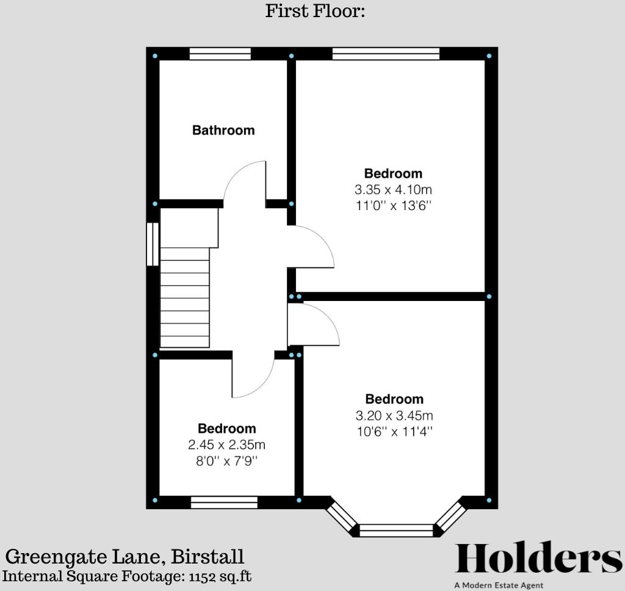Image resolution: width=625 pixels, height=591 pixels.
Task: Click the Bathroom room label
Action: (223, 130)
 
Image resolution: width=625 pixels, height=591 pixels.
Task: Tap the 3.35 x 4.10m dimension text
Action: (393, 189)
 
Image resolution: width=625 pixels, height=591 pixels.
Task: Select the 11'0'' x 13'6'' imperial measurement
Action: (393, 206)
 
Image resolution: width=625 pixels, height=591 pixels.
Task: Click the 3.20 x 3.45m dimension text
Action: (394, 416)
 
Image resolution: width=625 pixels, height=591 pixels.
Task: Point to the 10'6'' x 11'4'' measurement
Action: (394, 432)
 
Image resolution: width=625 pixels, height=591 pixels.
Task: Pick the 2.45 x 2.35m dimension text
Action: (226, 444)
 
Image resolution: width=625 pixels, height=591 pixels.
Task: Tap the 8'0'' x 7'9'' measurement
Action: (226, 461)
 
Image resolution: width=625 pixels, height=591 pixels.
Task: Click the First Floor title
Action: (315, 11)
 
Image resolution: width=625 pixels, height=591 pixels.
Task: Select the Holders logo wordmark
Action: (538, 559)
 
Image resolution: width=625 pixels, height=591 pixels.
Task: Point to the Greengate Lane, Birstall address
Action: (125, 557)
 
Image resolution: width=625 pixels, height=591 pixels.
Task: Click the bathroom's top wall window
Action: (220, 54)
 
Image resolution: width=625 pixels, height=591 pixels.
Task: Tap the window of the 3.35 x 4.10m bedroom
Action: (386, 54)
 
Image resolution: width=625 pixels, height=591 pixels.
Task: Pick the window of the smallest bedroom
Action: (224, 502)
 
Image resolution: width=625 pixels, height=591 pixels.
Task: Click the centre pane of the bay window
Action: (396, 530)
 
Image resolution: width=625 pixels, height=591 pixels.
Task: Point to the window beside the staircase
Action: (153, 244)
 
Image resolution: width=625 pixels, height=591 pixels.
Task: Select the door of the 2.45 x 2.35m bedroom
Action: (253, 379)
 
